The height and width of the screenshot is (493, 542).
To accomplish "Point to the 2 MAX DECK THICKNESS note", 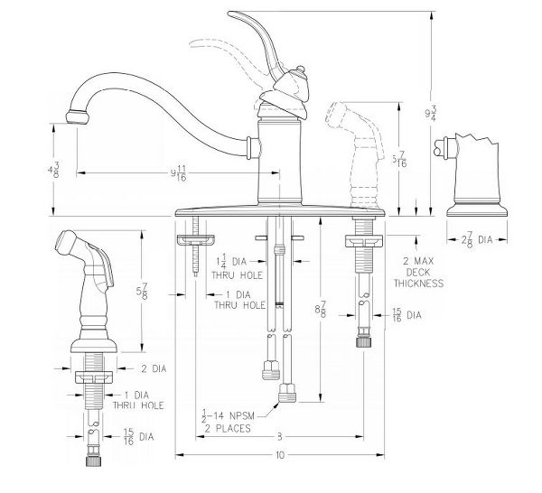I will tap(417, 271).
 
